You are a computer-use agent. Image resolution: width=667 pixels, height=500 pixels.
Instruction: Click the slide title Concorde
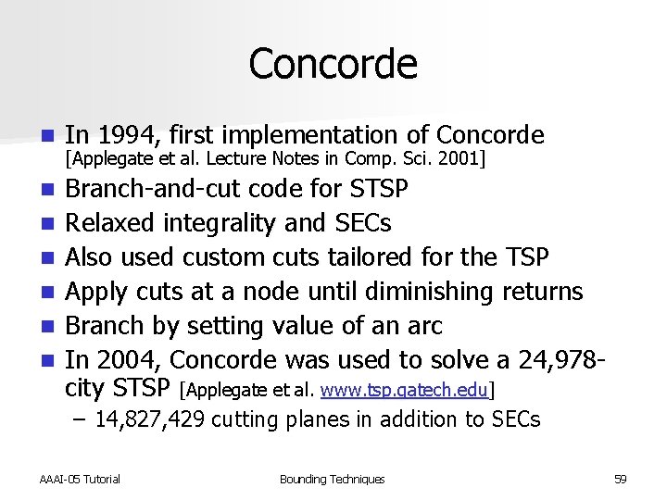333,64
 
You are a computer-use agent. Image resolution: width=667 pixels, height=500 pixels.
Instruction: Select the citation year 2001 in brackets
462,159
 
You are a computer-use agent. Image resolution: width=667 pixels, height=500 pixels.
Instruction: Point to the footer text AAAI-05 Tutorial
80,479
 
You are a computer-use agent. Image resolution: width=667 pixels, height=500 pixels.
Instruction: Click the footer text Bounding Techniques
332,479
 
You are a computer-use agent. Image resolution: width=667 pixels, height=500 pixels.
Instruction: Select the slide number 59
620,479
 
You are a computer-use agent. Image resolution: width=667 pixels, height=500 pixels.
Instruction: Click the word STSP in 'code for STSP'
378,189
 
